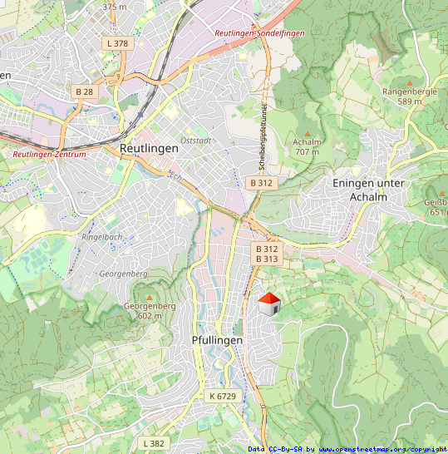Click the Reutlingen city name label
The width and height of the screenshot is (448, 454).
(x=149, y=148)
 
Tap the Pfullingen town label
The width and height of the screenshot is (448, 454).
(x=217, y=341)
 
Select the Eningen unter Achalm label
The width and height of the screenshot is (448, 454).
(x=367, y=189)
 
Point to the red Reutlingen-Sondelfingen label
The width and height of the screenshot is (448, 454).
(x=259, y=33)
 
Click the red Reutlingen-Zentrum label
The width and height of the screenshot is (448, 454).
(x=49, y=154)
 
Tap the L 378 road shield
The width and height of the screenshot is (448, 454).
(x=118, y=43)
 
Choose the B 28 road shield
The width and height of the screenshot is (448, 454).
(x=85, y=91)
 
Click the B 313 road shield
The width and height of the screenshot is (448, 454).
(x=267, y=259)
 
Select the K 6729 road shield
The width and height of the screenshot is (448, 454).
(x=223, y=397)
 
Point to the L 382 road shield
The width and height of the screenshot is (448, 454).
(x=155, y=443)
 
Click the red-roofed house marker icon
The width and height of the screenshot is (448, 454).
(x=268, y=304)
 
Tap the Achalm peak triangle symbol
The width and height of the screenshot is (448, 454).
(x=308, y=133)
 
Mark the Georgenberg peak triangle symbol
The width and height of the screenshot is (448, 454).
(x=150, y=297)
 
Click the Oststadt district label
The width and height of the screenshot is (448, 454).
(x=195, y=141)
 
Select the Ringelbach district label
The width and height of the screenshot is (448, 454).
(x=102, y=237)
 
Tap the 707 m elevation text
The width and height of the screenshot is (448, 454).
(x=308, y=152)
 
